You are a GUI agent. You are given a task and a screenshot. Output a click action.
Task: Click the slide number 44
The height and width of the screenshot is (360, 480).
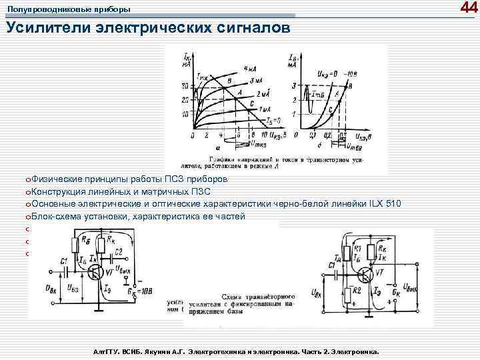469,8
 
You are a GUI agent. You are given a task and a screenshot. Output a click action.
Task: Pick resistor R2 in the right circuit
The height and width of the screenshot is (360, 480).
348,294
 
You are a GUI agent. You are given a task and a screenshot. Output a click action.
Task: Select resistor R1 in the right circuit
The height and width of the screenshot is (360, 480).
347,249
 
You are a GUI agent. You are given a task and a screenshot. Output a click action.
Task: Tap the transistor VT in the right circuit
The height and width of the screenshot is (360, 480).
367,273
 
